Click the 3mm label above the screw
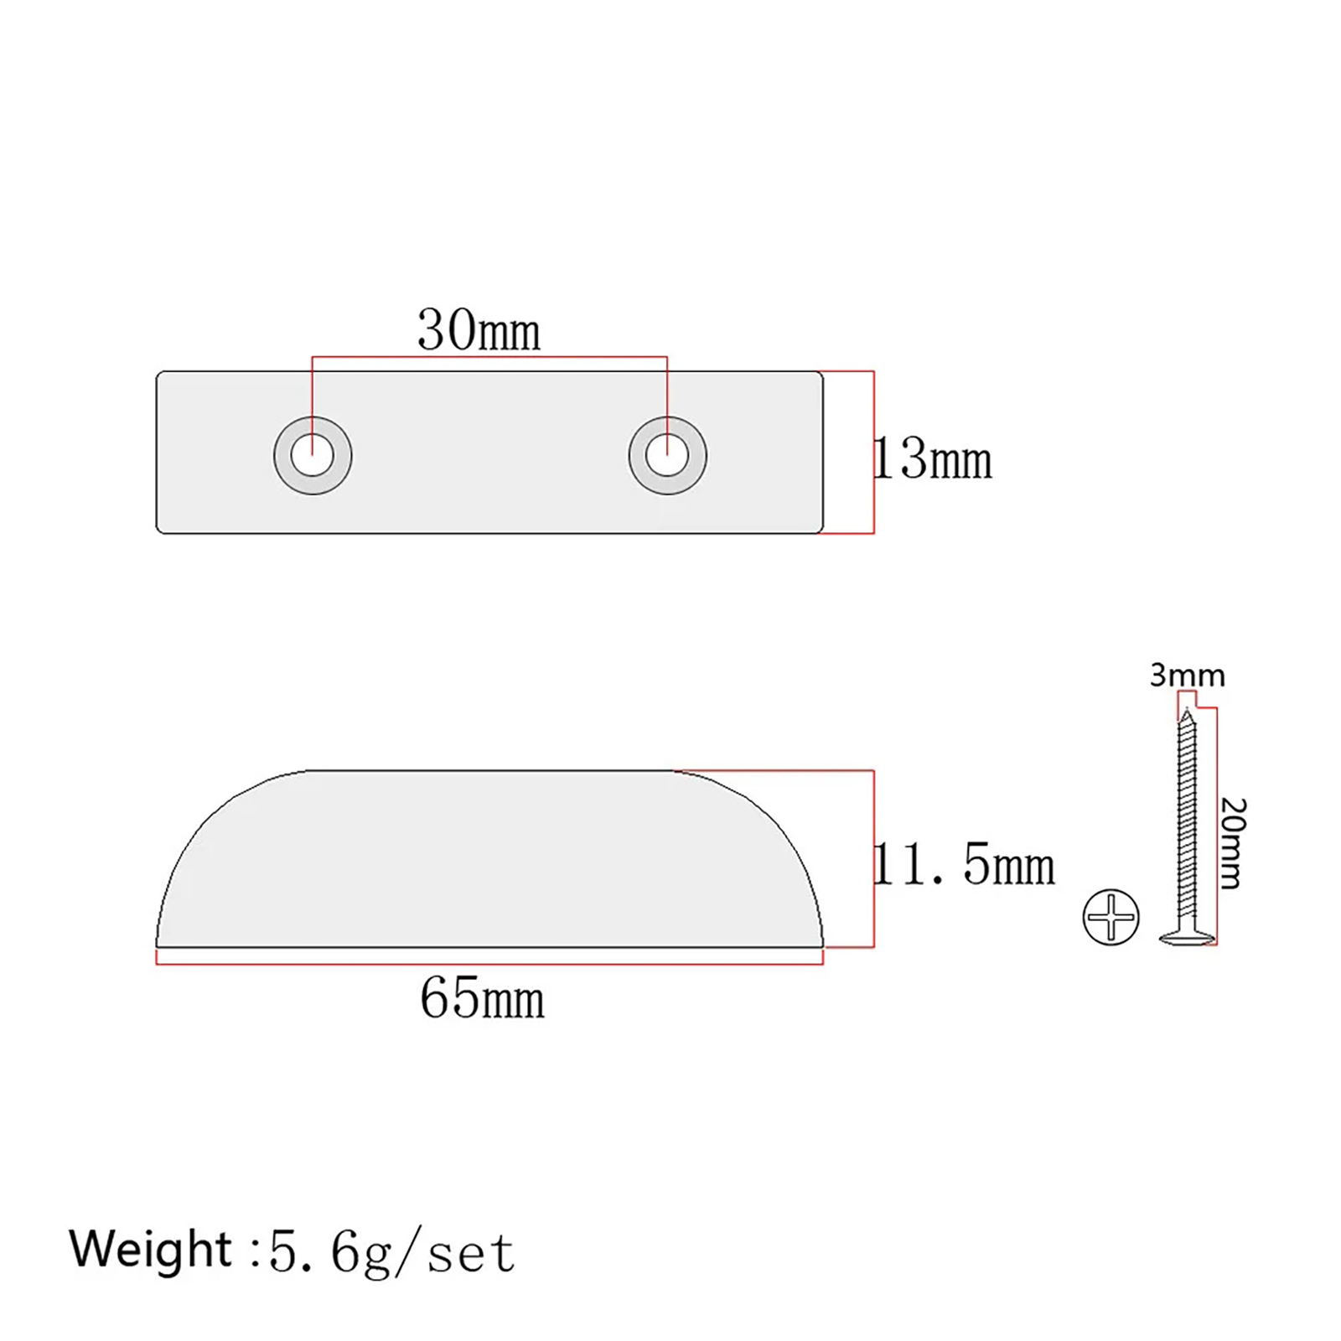(1187, 675)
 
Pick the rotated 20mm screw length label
(1232, 842)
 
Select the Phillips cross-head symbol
(1111, 916)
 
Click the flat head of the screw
(1187, 937)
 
